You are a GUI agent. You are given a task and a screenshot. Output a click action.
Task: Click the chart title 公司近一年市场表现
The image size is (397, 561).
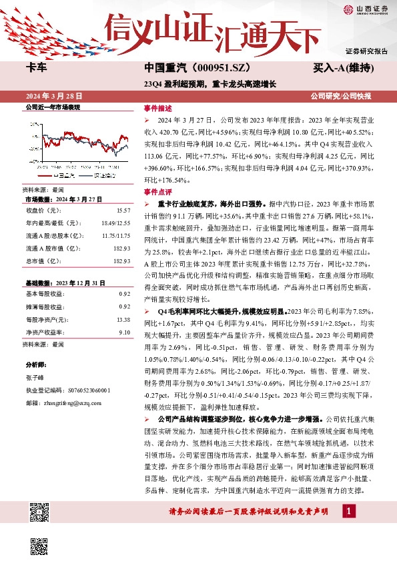(x=53, y=107)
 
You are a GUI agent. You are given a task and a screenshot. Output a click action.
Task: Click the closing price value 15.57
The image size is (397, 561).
(x=123, y=210)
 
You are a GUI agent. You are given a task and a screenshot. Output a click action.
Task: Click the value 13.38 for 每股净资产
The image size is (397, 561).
(x=123, y=319)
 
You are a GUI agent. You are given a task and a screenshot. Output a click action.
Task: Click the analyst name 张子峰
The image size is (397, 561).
(x=34, y=377)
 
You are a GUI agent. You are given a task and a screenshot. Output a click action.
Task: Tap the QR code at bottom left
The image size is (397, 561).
(x=39, y=513)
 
